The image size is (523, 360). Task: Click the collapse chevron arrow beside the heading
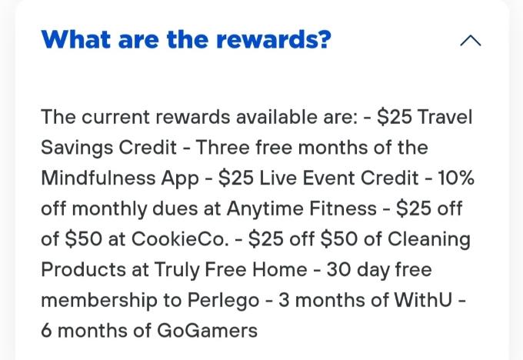point(470,41)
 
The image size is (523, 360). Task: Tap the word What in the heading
point(75,39)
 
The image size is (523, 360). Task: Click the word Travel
point(445,117)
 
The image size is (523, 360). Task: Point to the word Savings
point(77,148)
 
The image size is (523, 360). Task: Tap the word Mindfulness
point(98,178)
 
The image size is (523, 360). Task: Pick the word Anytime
point(265,209)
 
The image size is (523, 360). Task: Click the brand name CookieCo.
point(180,239)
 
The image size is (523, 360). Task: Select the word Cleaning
point(429,240)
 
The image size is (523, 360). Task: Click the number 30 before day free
point(338,270)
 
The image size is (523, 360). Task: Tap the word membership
point(99,301)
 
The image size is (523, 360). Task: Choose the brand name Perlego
point(223,301)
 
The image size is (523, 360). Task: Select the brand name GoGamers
point(207,331)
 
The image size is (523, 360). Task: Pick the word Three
point(222,148)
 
